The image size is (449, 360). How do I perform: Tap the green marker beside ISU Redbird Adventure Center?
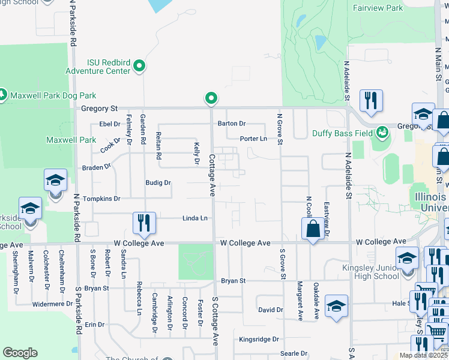tap(139, 65)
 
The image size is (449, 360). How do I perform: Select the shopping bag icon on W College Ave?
tap(313, 229)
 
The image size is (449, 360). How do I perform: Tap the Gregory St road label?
tap(99, 109)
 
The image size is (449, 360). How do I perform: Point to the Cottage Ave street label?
tap(212, 175)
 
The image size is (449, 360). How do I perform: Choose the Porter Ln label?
tap(253, 139)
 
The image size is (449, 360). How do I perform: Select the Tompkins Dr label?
tap(101, 199)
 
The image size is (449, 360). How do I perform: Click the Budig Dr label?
tap(158, 182)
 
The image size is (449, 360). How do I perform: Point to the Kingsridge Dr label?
tap(259, 339)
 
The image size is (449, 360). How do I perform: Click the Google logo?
tap(20, 353)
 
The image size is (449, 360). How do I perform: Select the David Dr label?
tap(270, 310)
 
